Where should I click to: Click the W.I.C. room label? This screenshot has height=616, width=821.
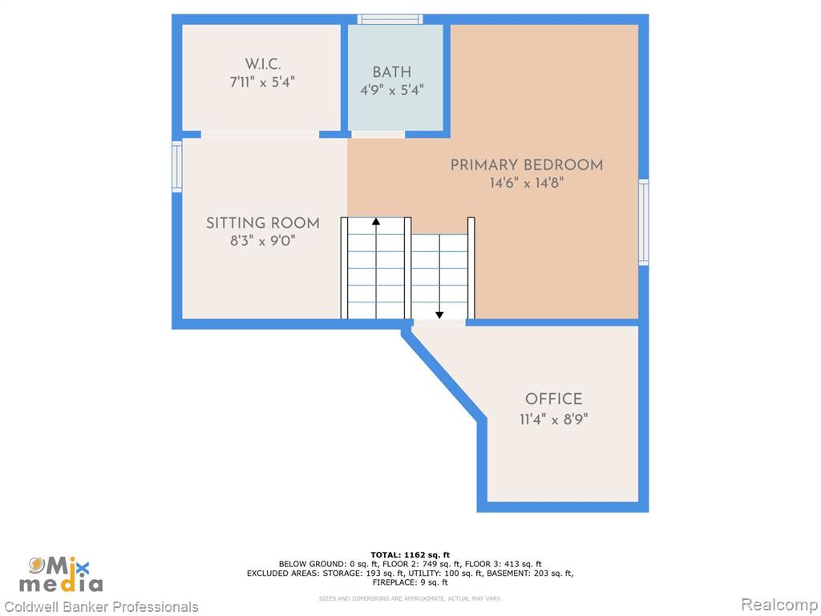coord(263,64)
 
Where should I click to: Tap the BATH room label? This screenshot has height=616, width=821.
coord(391,72)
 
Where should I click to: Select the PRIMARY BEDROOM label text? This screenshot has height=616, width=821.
coord(527,165)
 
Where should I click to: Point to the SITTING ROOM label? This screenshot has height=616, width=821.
coord(263,223)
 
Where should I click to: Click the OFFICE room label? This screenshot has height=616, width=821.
coord(553,399)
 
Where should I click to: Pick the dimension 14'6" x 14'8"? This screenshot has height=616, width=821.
coord(527,184)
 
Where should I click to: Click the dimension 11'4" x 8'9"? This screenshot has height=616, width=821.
coord(553,419)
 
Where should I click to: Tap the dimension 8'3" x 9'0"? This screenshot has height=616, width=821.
coord(263,241)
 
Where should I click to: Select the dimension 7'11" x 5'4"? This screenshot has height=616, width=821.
coord(262,83)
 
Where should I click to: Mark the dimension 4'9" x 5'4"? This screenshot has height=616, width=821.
coord(391,90)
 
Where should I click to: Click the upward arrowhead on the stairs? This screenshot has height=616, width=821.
coord(376,221)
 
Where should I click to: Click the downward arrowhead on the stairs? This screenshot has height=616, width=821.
coord(439,314)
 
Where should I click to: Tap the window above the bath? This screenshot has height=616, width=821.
coord(390,19)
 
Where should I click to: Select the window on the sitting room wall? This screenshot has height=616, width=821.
coord(177,167)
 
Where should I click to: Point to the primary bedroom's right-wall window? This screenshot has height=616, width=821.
coord(644,222)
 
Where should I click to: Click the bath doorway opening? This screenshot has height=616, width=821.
coord(378,135)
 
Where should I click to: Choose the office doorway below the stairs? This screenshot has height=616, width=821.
coord(439,322)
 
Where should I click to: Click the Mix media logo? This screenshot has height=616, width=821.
coord(61,574)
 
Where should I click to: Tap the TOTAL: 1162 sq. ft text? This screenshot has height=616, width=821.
coord(410,555)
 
